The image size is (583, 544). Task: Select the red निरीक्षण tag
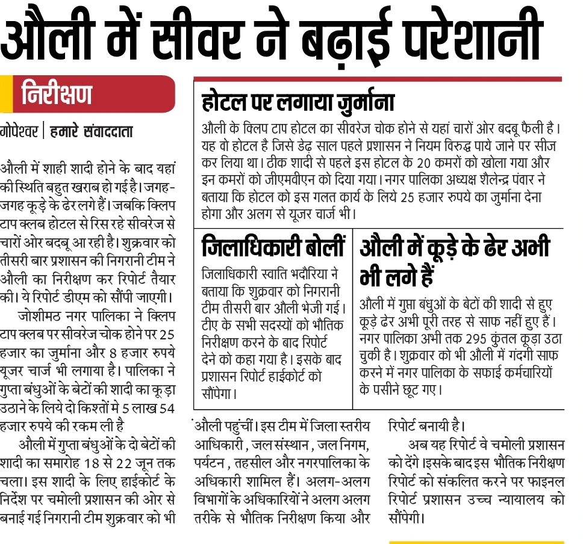click(x=57, y=95)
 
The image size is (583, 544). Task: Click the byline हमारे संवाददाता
click(x=91, y=131)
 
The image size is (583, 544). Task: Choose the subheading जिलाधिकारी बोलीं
click(x=274, y=247)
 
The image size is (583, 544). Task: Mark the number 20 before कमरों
click(x=443, y=163)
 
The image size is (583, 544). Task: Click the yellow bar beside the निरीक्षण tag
click(x=5, y=94)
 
